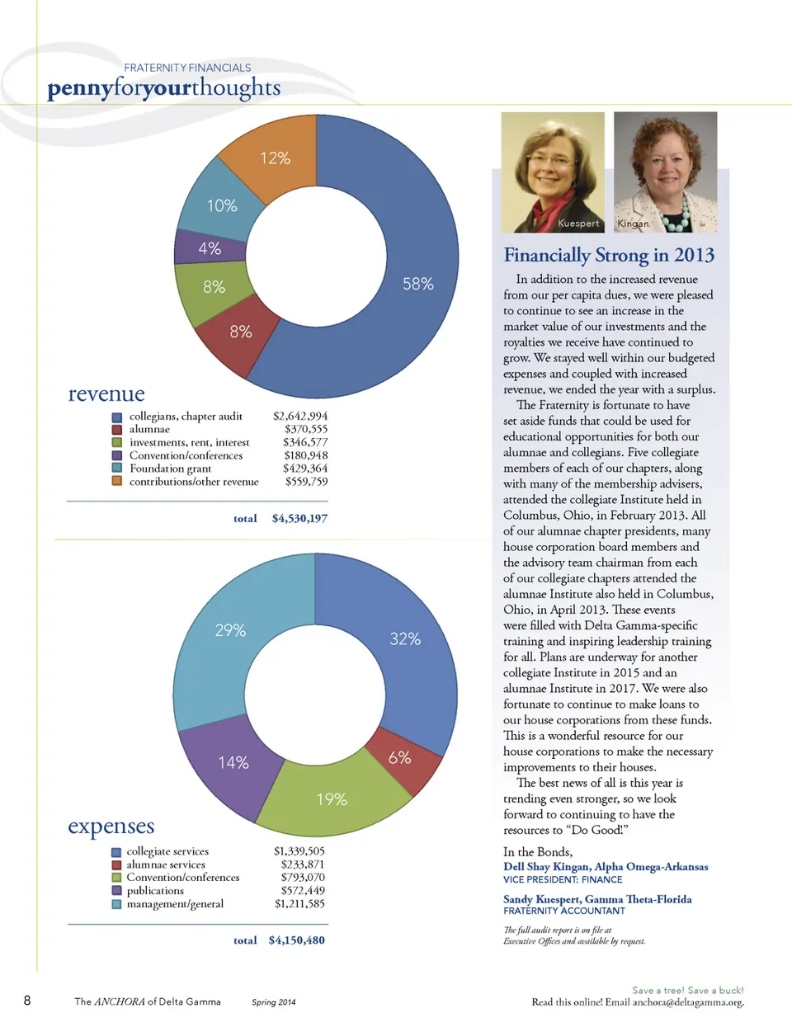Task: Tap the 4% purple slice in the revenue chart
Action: pyautogui.click(x=210, y=247)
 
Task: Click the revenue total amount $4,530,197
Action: pyautogui.click(x=299, y=519)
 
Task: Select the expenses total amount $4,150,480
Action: pyautogui.click(x=296, y=940)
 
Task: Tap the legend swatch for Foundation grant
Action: pyautogui.click(x=117, y=469)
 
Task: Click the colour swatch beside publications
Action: pyautogui.click(x=116, y=891)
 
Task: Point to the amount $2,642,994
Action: pyautogui.click(x=300, y=416)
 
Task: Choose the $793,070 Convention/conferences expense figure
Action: pyautogui.click(x=303, y=878)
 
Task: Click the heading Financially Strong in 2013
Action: pyautogui.click(x=609, y=256)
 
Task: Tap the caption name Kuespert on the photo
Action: pyautogui.click(x=578, y=224)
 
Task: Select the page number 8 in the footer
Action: pyautogui.click(x=27, y=1001)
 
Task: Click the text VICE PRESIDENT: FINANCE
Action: pyautogui.click(x=563, y=880)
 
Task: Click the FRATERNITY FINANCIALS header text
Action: pyautogui.click(x=187, y=68)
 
